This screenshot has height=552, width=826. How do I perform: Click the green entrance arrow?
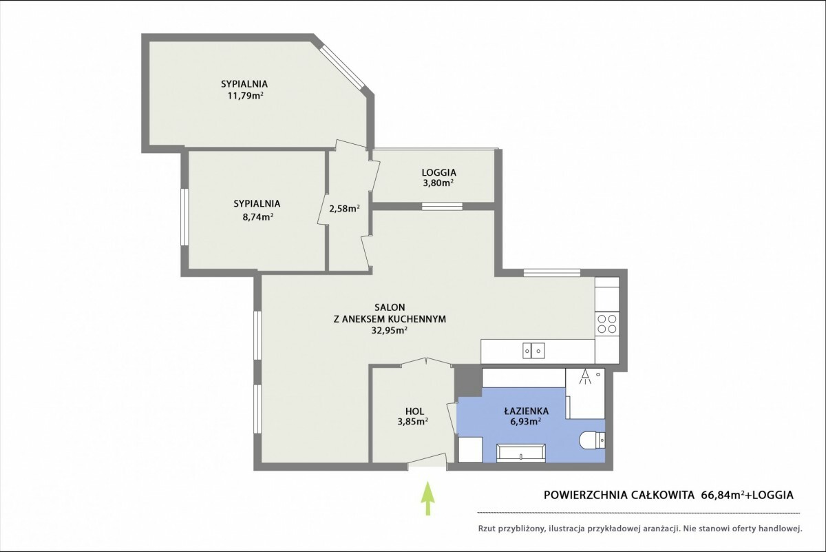click(427, 498)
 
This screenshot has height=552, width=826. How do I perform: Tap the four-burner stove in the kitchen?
click(607, 324)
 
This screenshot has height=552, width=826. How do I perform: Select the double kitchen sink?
click(533, 350)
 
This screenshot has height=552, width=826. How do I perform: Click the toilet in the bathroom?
click(592, 440)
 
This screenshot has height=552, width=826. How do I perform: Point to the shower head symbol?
click(585, 378)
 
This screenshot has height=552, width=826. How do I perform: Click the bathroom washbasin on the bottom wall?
click(520, 453)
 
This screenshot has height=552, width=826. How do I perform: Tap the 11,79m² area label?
click(245, 96)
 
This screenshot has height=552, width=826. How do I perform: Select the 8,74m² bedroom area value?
click(257, 216)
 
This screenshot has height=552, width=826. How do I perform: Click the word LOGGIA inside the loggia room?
click(439, 172)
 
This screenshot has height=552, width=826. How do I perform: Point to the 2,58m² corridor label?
click(344, 208)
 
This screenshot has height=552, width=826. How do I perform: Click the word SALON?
click(390, 307)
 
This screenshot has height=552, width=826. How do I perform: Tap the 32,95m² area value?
click(390, 330)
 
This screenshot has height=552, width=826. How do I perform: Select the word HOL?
click(414, 411)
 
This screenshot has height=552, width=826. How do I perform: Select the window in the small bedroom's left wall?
click(184, 217)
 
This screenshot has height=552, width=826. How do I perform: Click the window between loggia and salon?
click(442, 206)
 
